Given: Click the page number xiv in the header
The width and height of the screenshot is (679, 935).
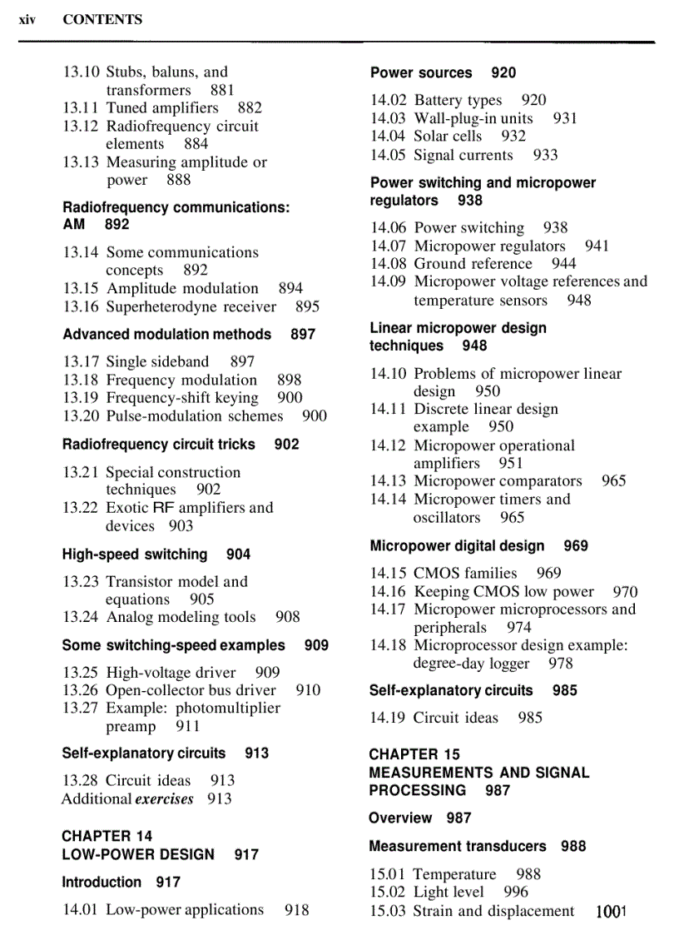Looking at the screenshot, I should pyautogui.click(x=27, y=19).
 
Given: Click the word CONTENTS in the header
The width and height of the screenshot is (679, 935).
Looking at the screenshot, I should pyautogui.click(x=102, y=19).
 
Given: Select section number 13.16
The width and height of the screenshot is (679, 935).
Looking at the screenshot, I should pyautogui.click(x=81, y=306).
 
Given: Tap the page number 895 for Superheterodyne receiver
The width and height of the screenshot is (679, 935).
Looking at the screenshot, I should pyautogui.click(x=307, y=306).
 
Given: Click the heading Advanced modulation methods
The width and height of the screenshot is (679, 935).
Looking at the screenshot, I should pyautogui.click(x=166, y=334).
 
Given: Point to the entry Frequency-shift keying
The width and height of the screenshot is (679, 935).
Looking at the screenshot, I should pyautogui.click(x=182, y=397).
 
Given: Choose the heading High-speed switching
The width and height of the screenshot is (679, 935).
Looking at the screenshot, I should pyautogui.click(x=135, y=554).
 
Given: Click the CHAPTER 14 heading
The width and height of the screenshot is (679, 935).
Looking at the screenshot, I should pyautogui.click(x=107, y=835).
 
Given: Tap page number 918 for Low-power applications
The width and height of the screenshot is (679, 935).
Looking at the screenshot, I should pyautogui.click(x=296, y=909).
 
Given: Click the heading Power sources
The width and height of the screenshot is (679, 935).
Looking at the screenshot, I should pyautogui.click(x=421, y=72).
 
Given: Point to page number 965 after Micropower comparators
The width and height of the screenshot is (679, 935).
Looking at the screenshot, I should pyautogui.click(x=613, y=480).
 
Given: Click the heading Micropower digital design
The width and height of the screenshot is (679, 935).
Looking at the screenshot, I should pyautogui.click(x=457, y=545).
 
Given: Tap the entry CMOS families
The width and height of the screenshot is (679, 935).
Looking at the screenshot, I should pyautogui.click(x=465, y=573).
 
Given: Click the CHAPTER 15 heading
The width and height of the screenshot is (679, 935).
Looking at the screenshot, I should pyautogui.click(x=414, y=753).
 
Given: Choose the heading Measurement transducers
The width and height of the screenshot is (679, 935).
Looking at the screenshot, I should pyautogui.click(x=458, y=846).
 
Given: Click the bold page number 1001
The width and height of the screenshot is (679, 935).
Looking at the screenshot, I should pyautogui.click(x=610, y=911).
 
